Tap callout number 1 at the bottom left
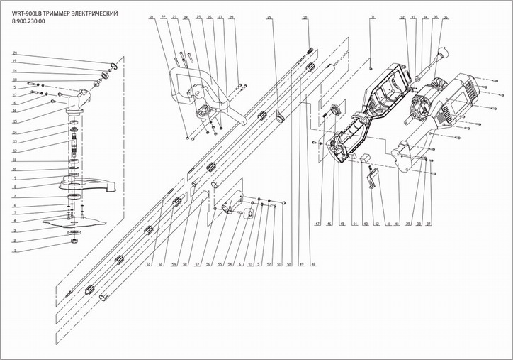pyautogui.click(x=14, y=250)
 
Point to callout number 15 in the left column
pyautogui.click(x=14, y=121)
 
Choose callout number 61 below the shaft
pyautogui.click(x=148, y=265)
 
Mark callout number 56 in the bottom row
pyautogui.click(x=208, y=265)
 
